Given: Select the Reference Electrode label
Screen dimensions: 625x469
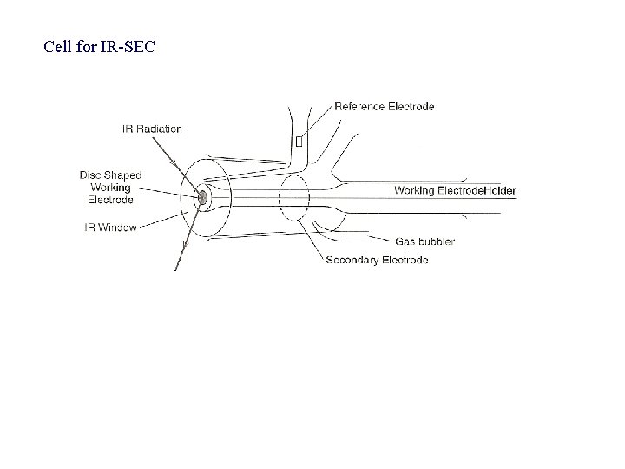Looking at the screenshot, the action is click(384, 107).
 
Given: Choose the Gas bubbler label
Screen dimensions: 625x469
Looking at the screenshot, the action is click(424, 241).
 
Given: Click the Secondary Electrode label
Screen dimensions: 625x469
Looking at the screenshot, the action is click(377, 260).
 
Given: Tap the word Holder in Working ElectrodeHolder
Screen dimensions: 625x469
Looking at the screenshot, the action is click(503, 190).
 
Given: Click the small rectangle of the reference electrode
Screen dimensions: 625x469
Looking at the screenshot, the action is click(299, 140).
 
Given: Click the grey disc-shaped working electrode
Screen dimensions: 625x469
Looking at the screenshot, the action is click(202, 198).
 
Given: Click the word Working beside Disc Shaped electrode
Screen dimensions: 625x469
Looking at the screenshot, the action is click(110, 187).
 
